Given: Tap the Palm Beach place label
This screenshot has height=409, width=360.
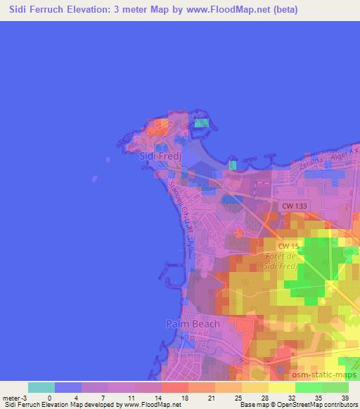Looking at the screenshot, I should (x=193, y=324).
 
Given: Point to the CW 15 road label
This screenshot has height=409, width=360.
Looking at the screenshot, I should (x=287, y=246).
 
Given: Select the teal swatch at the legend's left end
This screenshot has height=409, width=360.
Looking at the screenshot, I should (x=41, y=387).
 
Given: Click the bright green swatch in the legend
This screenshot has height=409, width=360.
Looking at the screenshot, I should (x=309, y=387).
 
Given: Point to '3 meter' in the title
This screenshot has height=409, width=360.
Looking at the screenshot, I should (x=137, y=10).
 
